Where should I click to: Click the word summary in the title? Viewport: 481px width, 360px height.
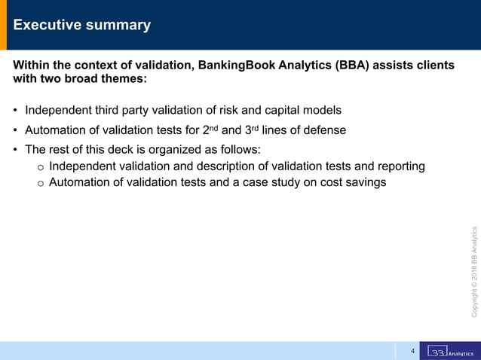pyautogui.click(x=120, y=25)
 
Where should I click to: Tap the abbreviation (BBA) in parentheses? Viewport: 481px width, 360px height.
pyautogui.click(x=355, y=66)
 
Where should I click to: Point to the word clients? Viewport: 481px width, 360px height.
pyautogui.click(x=433, y=66)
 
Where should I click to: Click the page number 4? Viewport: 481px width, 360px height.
pyautogui.click(x=412, y=351)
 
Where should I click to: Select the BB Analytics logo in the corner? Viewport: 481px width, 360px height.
pyautogui.click(x=450, y=351)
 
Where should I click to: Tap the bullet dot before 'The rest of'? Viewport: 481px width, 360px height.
pyautogui.click(x=16, y=149)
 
